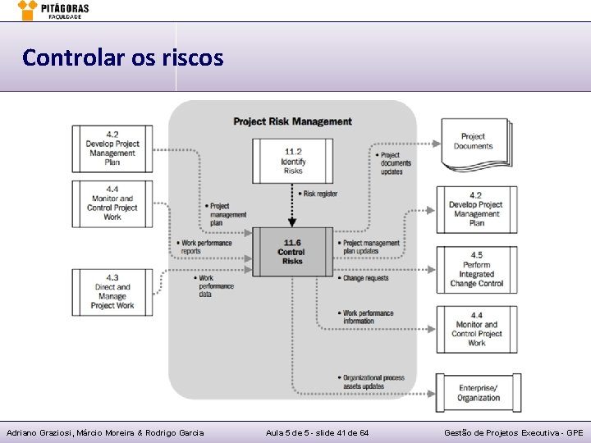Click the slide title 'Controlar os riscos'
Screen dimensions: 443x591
122,57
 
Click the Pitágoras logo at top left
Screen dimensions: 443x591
53,10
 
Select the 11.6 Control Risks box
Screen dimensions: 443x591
292,252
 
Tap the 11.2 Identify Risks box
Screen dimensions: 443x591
292,161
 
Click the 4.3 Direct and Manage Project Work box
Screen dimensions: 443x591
112,292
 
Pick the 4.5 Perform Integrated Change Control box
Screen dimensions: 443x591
476,270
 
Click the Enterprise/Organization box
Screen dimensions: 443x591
478,392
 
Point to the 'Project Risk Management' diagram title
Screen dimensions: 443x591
292,121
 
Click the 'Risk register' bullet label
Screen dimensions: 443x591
320,194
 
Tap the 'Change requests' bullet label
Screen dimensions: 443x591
364,278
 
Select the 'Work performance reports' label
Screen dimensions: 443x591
205,247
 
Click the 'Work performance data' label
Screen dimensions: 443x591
215,286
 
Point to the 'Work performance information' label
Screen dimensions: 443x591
367,317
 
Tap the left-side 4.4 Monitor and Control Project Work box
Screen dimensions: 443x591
112,203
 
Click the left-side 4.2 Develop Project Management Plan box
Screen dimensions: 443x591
112,148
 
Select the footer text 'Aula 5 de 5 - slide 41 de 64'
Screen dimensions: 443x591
317,432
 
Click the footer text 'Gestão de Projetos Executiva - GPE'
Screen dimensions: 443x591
513,432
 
